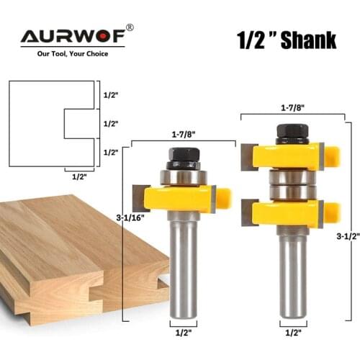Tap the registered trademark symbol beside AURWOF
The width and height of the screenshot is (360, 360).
[130, 27]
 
